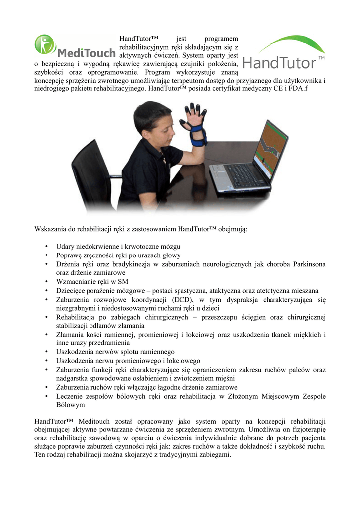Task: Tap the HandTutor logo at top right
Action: pyautogui.click(x=283, y=52)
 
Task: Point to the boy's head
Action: pyautogui.click(x=152, y=122)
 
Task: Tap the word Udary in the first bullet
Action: pyautogui.click(x=65, y=246)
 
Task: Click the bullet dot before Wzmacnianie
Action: pyautogui.click(x=46, y=282)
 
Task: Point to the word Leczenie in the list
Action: pyautogui.click(x=70, y=396)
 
